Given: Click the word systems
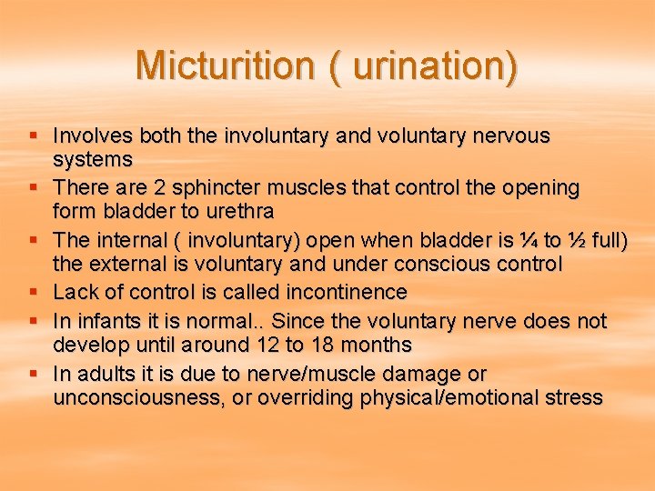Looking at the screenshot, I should point(93,160).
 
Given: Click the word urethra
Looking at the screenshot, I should point(243,212).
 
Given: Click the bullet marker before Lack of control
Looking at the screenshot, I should point(34,293).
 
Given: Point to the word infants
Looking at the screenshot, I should point(107,322).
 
